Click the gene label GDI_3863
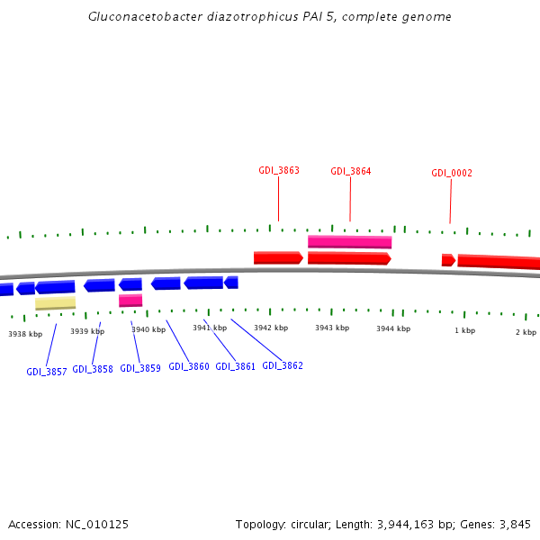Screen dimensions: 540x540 coord(279,170)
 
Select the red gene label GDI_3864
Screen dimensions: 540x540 coord(351,171)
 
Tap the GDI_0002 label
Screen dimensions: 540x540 coord(452,173)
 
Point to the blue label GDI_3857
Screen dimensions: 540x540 coord(47,372)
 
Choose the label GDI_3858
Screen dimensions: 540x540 coord(93,369)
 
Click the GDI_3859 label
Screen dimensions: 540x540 coord(139,368)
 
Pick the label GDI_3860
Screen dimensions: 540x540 coord(189,367)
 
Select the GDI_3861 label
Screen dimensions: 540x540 coord(236,366)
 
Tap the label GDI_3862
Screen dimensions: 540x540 coord(283,365)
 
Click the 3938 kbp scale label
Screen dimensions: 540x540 coord(25,334)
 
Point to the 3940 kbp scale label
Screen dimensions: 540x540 coord(148,329)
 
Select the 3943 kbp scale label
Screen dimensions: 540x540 coord(332,328)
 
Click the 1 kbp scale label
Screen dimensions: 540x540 coord(464,330)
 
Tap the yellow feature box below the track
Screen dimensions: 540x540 coord(55,303)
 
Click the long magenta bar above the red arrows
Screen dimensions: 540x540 coord(349,241)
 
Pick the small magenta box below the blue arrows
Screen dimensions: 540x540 coord(130,300)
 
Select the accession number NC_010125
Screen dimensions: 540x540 coord(96,524)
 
